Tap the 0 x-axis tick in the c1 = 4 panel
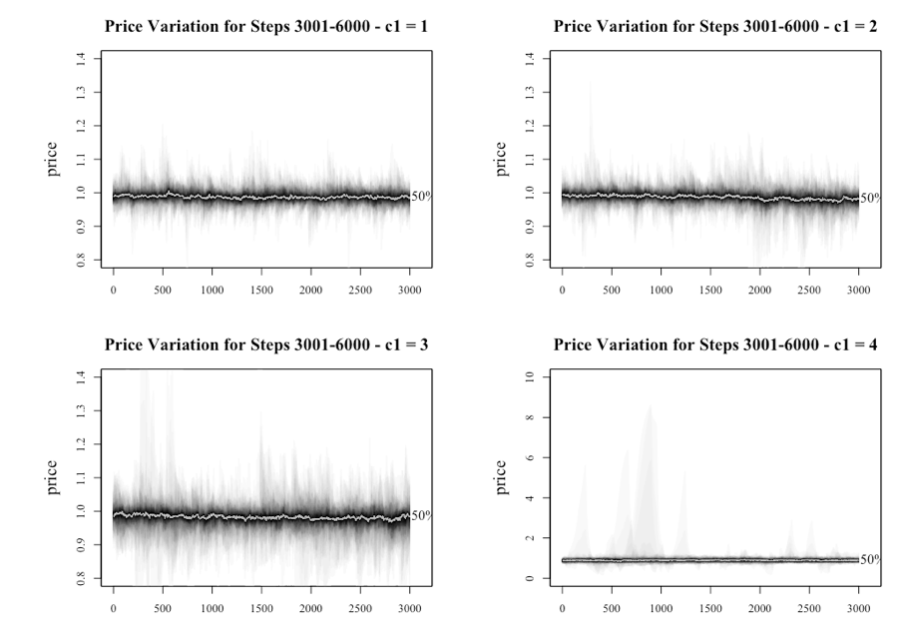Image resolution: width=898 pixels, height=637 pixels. click(x=563, y=607)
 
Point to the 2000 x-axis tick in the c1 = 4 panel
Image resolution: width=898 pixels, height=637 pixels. click(x=760, y=607)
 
